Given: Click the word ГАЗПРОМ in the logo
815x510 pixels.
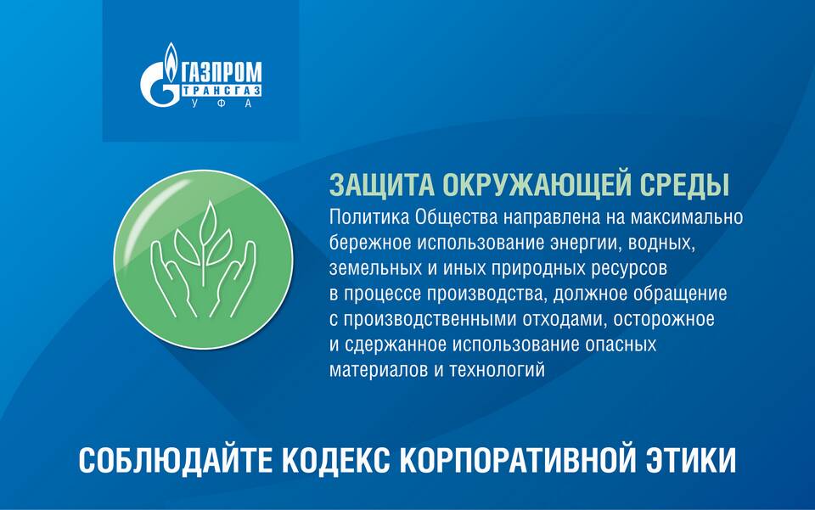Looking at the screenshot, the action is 222,72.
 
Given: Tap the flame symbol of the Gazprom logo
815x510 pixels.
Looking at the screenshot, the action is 171,61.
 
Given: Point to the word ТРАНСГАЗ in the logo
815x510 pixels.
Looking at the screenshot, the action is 222,90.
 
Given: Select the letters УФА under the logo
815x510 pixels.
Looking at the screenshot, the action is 222,104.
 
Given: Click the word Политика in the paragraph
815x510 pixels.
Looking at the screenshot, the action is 369,217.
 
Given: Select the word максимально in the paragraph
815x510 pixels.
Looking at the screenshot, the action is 686,217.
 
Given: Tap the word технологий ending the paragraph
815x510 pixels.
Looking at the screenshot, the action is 497,370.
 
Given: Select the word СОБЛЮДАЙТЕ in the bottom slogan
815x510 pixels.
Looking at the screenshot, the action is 176,460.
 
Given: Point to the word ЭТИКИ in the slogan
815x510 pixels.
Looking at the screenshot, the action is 691,460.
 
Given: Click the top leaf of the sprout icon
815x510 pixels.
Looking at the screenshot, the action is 209,221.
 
